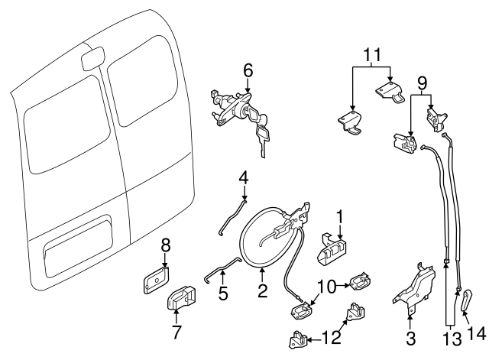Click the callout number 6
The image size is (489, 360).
point(248,70)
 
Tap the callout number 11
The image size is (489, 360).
point(371,55)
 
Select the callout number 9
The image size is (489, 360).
point(421,82)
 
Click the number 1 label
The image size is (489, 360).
point(341,216)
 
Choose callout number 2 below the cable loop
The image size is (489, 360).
point(262,290)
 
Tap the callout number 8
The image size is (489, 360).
point(164,245)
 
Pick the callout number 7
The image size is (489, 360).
point(176,332)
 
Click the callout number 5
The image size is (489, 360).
point(222,294)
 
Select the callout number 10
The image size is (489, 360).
point(325,286)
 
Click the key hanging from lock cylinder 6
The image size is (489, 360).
point(264,138)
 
